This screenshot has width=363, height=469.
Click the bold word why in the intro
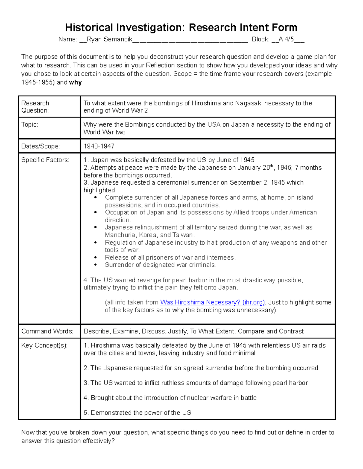[75, 82]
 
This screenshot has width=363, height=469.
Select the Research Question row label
[35, 107]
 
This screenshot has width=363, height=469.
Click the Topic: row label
[30, 124]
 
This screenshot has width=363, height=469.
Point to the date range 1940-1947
[99, 146]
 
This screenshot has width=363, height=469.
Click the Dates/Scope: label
[41, 146]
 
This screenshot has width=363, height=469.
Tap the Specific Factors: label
[45, 160]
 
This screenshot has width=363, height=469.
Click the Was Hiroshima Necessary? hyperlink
[212, 302]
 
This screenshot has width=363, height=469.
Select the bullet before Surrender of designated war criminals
[96, 265]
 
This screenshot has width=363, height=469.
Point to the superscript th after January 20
[271, 165]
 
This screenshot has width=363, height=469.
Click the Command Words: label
[47, 331]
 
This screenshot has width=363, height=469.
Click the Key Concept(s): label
[44, 345]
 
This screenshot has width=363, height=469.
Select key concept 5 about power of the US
[137, 413]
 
